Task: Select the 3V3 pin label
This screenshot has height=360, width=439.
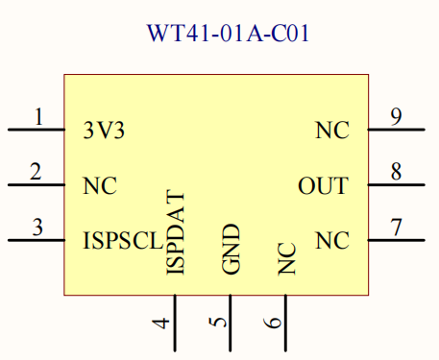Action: (x=104, y=132)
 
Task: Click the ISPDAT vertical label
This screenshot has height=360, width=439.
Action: (x=175, y=233)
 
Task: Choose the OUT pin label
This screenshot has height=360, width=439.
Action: (x=323, y=186)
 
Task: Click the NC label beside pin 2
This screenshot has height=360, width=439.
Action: (x=100, y=186)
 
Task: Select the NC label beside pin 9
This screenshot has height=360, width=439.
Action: (x=332, y=132)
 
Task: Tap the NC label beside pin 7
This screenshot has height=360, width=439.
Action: (x=332, y=240)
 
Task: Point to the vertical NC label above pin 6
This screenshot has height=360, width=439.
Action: (x=286, y=259)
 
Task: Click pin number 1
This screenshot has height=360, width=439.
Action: (x=38, y=118)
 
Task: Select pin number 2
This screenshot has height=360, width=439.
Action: (x=36, y=173)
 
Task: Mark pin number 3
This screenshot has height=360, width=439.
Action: (x=37, y=228)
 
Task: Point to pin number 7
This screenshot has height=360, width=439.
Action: (x=396, y=228)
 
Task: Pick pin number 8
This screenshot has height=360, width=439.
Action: (x=396, y=173)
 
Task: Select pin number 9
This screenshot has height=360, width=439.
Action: (x=396, y=118)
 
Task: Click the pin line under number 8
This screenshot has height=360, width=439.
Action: (x=396, y=184)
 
